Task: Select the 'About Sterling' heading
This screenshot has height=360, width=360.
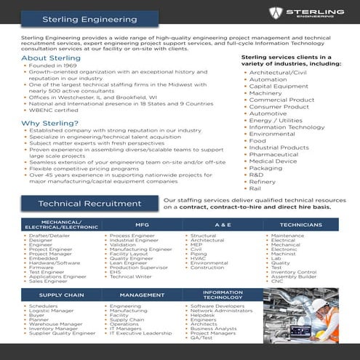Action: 50,57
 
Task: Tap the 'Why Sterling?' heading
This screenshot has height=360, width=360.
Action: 50,123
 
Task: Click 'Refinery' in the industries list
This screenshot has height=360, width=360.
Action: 263,180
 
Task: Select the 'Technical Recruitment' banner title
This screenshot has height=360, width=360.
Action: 80,204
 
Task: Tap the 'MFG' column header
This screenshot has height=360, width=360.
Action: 143,225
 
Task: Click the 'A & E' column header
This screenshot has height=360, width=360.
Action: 223,225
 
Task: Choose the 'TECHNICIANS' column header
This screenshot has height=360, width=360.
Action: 300,225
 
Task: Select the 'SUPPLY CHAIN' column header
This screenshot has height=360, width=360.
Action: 60,295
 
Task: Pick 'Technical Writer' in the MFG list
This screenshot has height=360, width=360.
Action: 132,276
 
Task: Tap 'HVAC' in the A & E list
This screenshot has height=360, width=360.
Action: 198,258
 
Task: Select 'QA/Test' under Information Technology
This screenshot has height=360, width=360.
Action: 203,338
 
